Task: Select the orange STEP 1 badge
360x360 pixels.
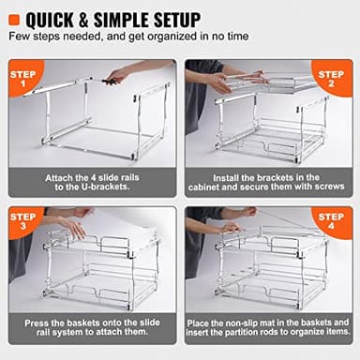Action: coord(24,79)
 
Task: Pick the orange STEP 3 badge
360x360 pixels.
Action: coord(24,225)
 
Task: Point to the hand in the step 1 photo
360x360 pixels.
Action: coord(116,75)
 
